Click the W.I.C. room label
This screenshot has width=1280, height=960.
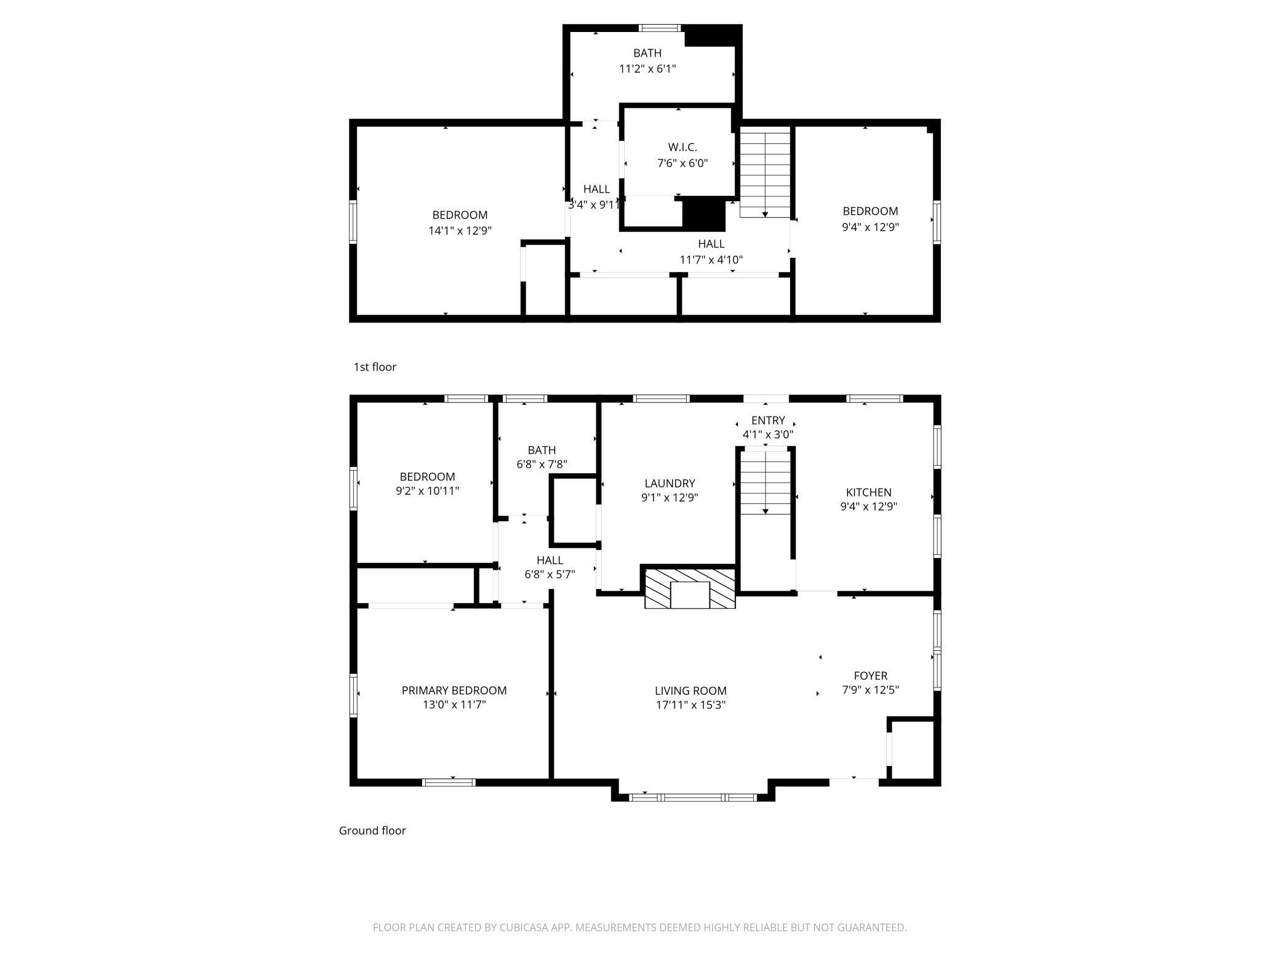tap(682, 148)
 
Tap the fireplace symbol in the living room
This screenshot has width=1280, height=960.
tap(690, 588)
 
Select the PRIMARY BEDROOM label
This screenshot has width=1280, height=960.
tap(454, 690)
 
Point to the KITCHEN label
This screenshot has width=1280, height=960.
tap(868, 492)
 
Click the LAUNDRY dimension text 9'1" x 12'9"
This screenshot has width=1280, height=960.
tap(670, 497)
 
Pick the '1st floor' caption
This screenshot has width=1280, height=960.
tap(375, 367)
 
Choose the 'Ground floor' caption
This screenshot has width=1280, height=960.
tap(372, 831)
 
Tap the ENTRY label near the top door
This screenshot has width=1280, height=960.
tap(768, 420)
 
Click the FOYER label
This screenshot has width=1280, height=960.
tap(870, 676)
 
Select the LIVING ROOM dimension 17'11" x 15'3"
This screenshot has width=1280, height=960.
tap(690, 705)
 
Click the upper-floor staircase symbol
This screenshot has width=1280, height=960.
tap(765, 172)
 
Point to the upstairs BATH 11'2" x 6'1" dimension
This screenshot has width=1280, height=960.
tap(647, 68)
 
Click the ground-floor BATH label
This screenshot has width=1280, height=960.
tap(542, 450)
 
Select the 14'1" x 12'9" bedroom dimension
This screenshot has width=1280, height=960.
tap(460, 231)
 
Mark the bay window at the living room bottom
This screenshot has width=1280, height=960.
tap(692, 798)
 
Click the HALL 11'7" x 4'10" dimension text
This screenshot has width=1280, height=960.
tap(711, 260)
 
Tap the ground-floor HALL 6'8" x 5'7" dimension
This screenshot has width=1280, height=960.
tap(550, 575)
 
